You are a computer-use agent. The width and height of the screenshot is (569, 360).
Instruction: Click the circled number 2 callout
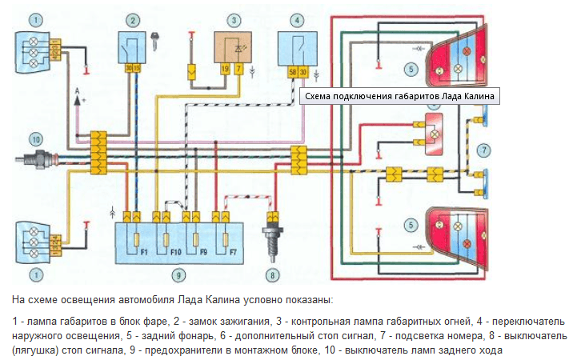click(133, 20)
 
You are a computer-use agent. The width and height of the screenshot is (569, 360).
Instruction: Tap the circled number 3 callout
click(234, 20)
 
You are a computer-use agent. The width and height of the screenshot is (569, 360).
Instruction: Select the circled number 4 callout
click(297, 20)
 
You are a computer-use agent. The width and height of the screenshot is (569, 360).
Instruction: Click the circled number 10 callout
click(35, 139)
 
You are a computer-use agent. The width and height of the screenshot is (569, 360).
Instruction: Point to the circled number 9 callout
click(178, 275)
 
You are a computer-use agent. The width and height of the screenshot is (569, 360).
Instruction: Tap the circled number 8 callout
click(273, 275)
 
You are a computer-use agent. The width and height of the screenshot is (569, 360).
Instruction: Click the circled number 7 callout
click(483, 150)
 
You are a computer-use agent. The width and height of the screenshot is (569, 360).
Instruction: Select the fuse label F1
click(144, 251)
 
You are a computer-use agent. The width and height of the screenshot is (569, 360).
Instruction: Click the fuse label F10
click(175, 251)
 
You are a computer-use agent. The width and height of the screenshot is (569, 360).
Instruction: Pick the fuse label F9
click(203, 251)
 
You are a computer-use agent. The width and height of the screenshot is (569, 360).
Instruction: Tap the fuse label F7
click(233, 251)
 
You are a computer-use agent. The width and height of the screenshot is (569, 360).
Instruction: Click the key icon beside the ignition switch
click(155, 41)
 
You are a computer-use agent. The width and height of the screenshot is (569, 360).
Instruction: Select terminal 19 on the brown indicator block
click(225, 68)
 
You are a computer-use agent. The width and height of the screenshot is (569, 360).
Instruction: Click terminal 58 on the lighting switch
click(293, 72)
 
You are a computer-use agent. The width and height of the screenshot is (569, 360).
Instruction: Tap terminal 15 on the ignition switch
click(136, 68)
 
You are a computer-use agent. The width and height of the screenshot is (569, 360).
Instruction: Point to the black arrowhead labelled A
click(78, 101)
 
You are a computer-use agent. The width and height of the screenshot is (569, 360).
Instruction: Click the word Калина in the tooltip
click(476, 96)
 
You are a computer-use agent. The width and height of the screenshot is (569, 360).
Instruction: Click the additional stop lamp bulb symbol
click(435, 134)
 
